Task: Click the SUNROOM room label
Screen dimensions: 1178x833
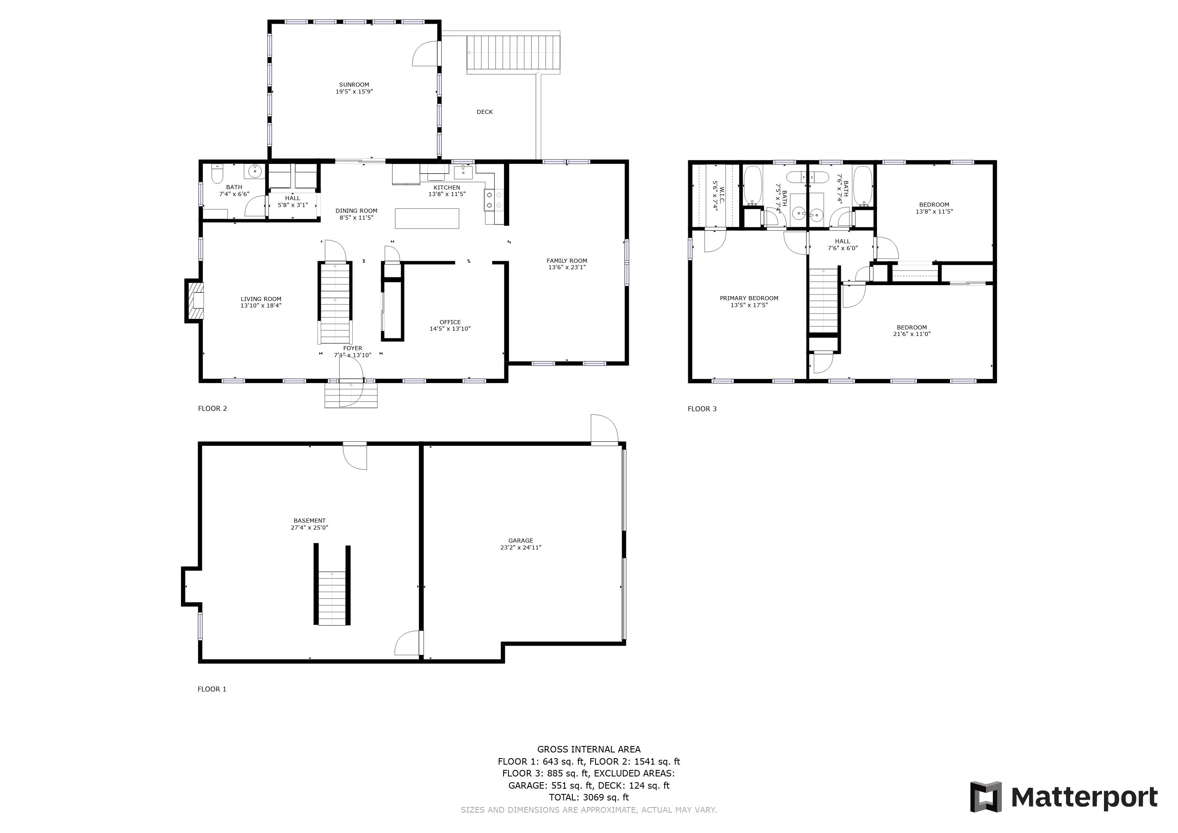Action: [x=354, y=85]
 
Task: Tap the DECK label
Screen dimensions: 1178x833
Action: [x=484, y=112]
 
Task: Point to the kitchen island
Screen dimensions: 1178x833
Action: [x=427, y=218]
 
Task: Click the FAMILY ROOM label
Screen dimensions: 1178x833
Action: [x=567, y=261]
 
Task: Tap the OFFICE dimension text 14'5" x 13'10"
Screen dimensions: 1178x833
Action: [x=450, y=329]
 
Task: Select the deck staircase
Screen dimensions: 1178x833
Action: [x=513, y=53]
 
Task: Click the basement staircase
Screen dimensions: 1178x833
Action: [x=332, y=597]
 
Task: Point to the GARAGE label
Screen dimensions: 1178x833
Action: [x=521, y=541]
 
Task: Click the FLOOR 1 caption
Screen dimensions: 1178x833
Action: [x=212, y=689]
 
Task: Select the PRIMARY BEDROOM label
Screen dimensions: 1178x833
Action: [x=749, y=298]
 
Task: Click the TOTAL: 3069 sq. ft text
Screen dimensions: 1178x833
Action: [x=589, y=797]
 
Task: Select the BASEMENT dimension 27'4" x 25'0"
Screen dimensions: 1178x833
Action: [x=310, y=527]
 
